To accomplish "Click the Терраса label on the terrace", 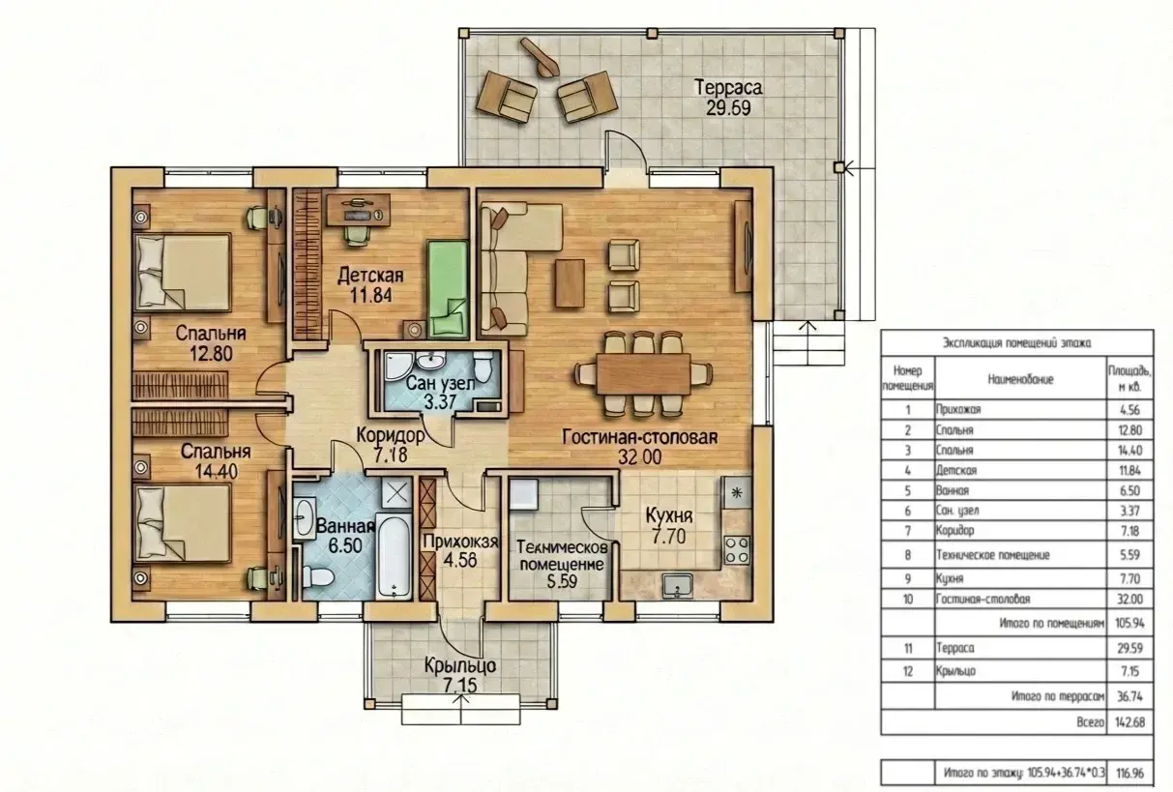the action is click(728, 87).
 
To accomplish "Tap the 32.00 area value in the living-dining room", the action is click(639, 457).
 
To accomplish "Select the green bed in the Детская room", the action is click(448, 289).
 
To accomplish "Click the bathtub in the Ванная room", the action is click(394, 557).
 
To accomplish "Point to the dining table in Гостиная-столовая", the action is click(644, 374).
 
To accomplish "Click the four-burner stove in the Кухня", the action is click(737, 550).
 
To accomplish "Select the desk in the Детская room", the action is click(358, 210).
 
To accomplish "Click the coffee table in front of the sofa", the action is click(570, 282).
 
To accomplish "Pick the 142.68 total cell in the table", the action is click(1129, 722).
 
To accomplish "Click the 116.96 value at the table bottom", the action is click(1129, 774).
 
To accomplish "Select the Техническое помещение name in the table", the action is click(993, 555).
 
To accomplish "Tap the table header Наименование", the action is click(1020, 379).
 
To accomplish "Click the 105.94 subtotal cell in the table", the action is click(1129, 624).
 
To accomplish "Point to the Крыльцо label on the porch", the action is click(460, 665).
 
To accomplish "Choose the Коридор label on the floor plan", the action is click(391, 435).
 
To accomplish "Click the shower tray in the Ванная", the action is click(396, 493).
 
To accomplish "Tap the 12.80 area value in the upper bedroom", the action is click(211, 354).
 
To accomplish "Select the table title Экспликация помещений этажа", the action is click(1017, 343).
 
